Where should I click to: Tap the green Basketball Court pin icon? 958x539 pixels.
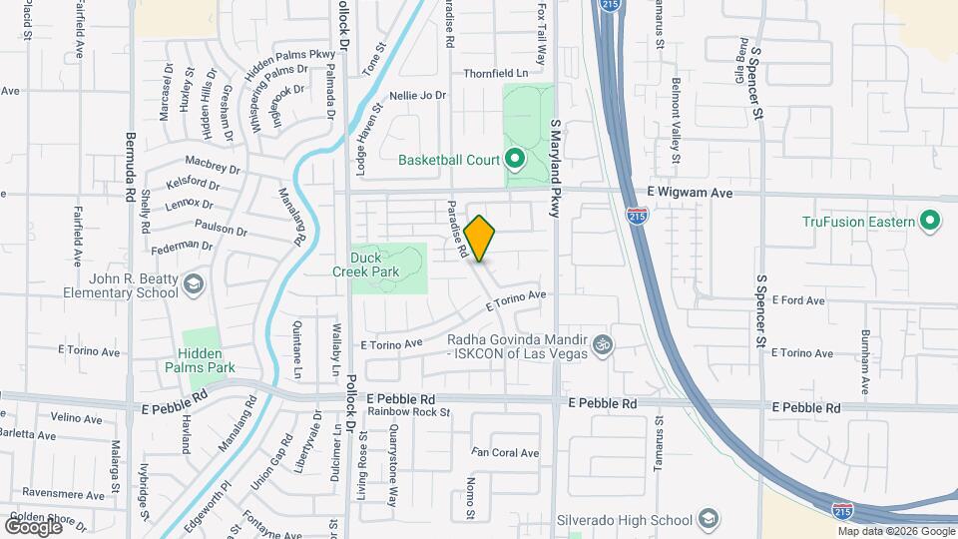coord(515,159)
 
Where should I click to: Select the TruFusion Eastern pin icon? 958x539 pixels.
coord(930,221)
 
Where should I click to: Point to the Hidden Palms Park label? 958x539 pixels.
coord(207,360)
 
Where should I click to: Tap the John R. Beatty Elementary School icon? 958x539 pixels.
coord(193,287)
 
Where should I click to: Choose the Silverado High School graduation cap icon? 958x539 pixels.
coord(707,520)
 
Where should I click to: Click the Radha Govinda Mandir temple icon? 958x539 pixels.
coord(601,344)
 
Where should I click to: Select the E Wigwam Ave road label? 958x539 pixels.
coord(690,193)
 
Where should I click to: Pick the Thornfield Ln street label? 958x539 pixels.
coord(495,74)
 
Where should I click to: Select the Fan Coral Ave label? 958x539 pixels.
coord(505,453)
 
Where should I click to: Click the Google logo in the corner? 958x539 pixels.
coord(33,525)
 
